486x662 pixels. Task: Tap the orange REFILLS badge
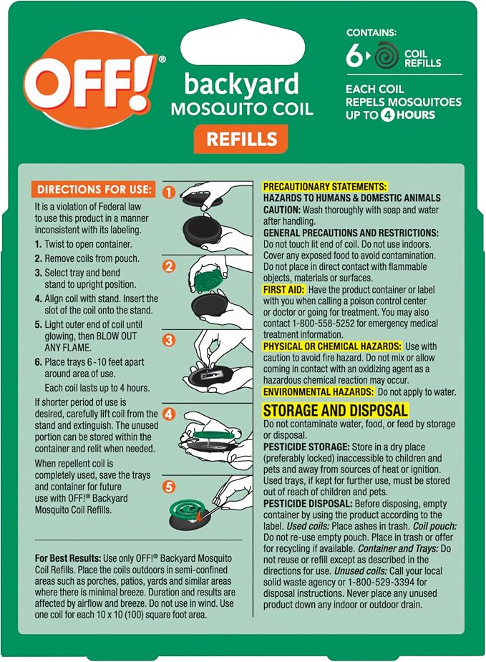click(x=240, y=139)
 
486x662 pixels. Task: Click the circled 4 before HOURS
click(x=388, y=115)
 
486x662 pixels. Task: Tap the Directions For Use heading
click(x=93, y=190)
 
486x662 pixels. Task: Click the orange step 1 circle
click(x=168, y=193)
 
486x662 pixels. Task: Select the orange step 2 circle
click(x=169, y=266)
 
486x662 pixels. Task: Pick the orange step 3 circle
click(x=169, y=340)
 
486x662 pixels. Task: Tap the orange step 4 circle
click(x=169, y=414)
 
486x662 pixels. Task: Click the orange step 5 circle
click(x=169, y=487)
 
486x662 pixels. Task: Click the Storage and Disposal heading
click(x=335, y=410)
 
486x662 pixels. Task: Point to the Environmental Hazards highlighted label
click(x=319, y=391)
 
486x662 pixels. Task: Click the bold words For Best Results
click(x=68, y=558)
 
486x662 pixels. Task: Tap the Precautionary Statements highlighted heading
click(x=325, y=187)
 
